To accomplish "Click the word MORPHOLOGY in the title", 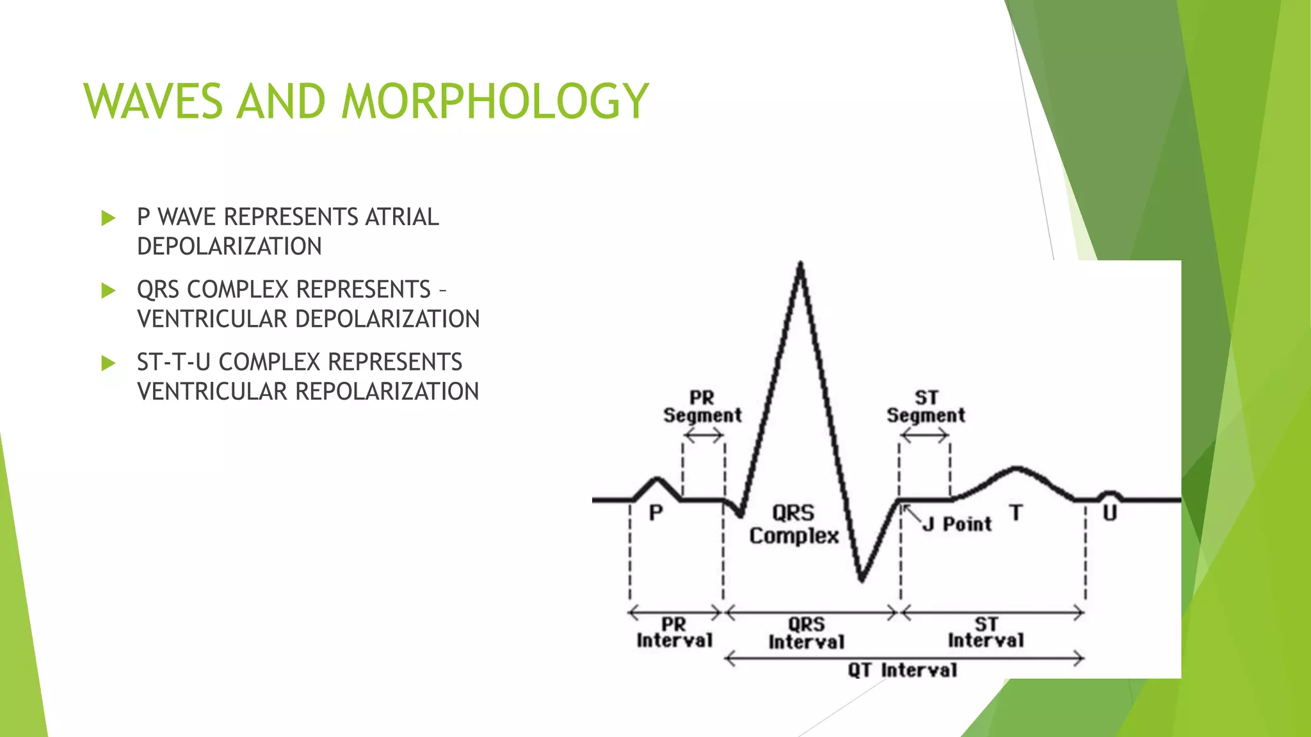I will click(x=495, y=102).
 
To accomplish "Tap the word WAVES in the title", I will click(x=153, y=102).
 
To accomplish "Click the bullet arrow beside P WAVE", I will click(x=108, y=219).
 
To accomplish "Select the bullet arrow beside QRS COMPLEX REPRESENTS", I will click(x=108, y=291).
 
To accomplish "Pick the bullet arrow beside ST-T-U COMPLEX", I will click(x=108, y=363).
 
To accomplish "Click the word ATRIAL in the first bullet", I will click(x=401, y=218).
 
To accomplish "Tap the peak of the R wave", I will click(x=800, y=264).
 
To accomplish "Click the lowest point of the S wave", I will click(x=862, y=580).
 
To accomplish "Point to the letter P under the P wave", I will click(x=655, y=513).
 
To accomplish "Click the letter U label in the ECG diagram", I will click(x=1109, y=513).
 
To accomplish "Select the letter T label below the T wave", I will click(x=1016, y=513).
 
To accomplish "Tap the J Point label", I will click(x=957, y=525).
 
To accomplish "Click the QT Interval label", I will click(x=903, y=670).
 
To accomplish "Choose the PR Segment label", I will click(x=702, y=407).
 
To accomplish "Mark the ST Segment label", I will click(x=926, y=407).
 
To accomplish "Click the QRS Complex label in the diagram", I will click(x=794, y=525).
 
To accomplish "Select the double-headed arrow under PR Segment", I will click(x=703, y=436).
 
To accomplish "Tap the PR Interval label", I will click(x=674, y=633).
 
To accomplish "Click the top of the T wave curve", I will click(x=1016, y=469).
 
